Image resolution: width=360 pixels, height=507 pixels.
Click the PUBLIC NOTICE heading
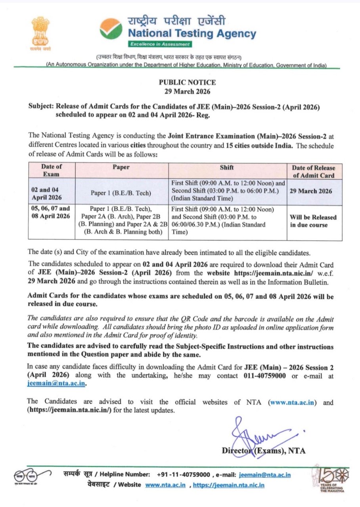[x=188, y=82]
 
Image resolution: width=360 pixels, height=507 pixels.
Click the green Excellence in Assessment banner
[x=160, y=44]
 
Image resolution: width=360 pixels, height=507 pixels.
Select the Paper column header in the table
[x=121, y=167]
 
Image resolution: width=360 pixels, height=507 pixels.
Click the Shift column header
[x=227, y=167]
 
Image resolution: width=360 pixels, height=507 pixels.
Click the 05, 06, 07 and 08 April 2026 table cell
[x=50, y=212]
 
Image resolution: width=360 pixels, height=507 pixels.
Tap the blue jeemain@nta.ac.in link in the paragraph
[x=57, y=383]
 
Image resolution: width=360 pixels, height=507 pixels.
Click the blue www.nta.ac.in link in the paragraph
[x=293, y=402]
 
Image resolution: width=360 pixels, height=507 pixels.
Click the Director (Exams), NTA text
[x=264, y=450]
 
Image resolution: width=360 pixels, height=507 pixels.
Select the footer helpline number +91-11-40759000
[x=183, y=475]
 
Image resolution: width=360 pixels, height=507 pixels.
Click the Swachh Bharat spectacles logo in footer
[x=32, y=474]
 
